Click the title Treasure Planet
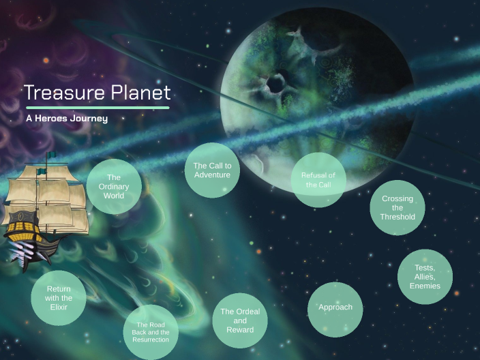coord(97,93)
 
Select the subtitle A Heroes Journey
coord(67,118)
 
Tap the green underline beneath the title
coord(97,108)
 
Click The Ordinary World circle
coord(114,186)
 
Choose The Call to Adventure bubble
coord(213,170)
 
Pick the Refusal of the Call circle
coord(318,179)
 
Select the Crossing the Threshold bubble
coord(397,208)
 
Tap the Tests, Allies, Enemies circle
coord(425,277)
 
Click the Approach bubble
coord(335,308)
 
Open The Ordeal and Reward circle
coord(240,320)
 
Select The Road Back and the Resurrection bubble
coord(151,332)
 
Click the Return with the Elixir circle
coord(59,298)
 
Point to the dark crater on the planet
coord(277,84)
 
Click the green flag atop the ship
coord(50,156)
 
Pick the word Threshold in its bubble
coord(397,217)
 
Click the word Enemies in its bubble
coord(425,286)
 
